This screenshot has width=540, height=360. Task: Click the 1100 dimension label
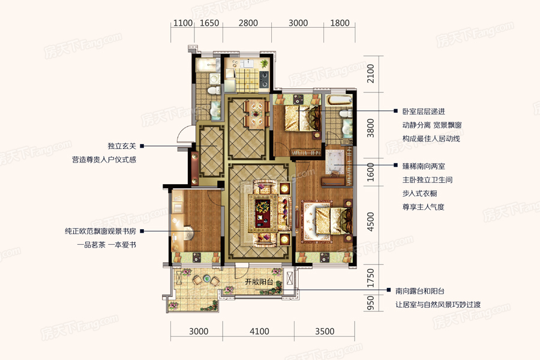pos(182,23)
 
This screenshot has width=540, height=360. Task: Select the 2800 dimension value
pos(248,23)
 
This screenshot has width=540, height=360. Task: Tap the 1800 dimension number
pos(340,23)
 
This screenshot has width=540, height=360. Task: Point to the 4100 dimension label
pos(259,331)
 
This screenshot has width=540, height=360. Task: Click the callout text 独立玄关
pos(122,146)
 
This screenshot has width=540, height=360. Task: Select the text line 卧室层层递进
pos(423,112)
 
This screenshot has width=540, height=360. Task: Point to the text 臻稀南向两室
pos(423,166)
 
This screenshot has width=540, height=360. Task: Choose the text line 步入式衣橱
pos(419,193)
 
